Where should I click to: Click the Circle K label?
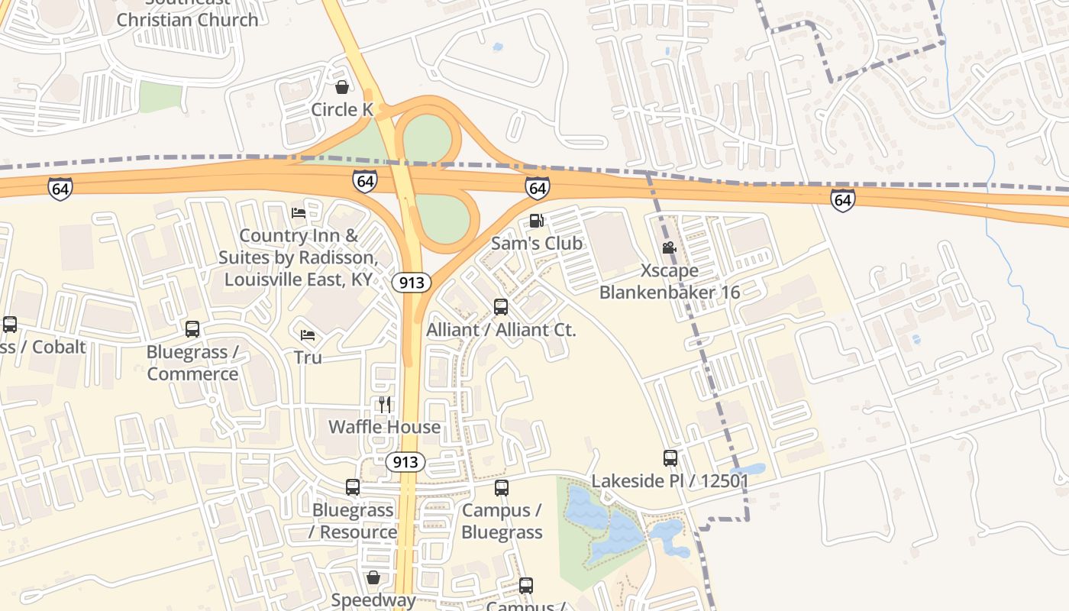(x=341, y=109)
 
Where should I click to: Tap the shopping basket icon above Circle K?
(x=342, y=87)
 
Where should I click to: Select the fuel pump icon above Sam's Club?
(x=536, y=221)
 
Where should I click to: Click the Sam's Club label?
(x=536, y=244)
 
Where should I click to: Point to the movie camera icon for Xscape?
(x=669, y=248)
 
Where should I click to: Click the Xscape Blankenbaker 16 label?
(x=669, y=281)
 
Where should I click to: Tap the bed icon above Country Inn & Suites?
(x=299, y=212)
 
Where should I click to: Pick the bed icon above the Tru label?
(x=308, y=335)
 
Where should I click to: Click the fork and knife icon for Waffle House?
(x=385, y=404)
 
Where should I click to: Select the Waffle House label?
(x=384, y=426)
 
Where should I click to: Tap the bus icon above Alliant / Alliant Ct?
(x=501, y=307)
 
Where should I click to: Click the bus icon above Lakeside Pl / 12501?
(x=670, y=458)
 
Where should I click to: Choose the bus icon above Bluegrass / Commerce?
(x=192, y=329)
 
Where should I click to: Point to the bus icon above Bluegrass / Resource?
(x=352, y=487)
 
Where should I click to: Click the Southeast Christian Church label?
(x=187, y=15)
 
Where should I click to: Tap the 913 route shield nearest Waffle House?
(x=405, y=461)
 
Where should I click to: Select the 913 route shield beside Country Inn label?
(x=412, y=283)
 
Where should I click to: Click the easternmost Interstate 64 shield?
(x=842, y=200)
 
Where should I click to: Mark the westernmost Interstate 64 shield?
(x=60, y=188)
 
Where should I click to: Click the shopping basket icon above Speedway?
(x=373, y=577)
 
